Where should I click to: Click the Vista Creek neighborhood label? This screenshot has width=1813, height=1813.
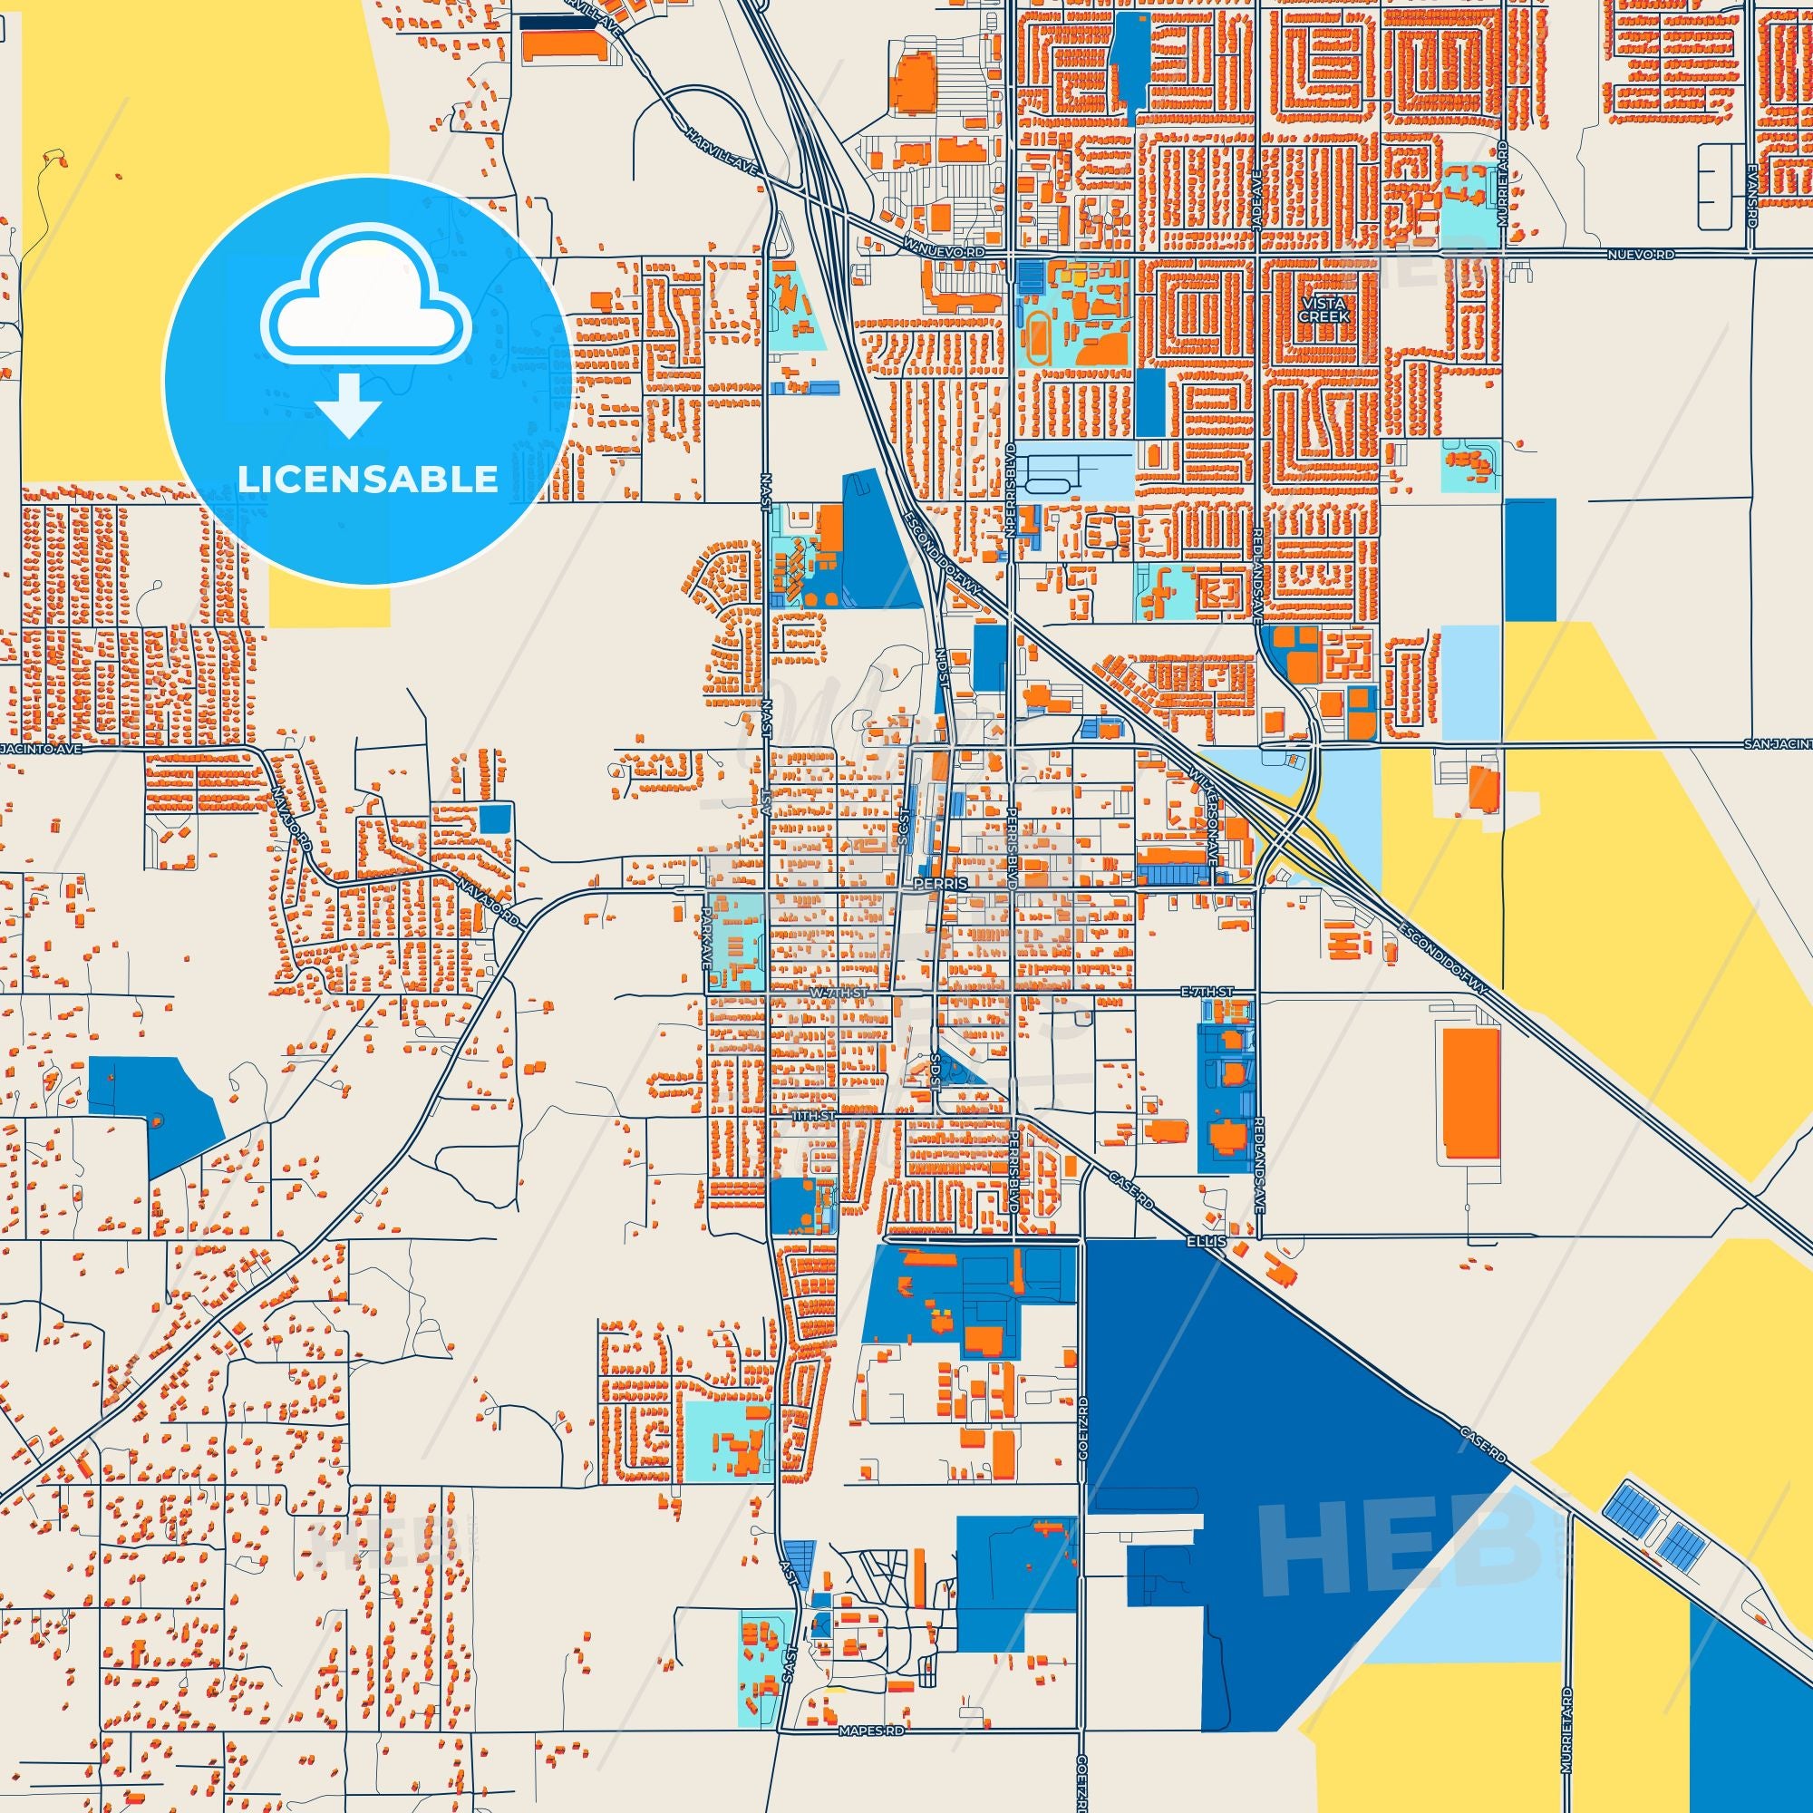click(1323, 310)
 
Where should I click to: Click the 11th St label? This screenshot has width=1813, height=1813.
click(812, 1116)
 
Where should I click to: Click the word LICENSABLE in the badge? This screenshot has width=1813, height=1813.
click(367, 480)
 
